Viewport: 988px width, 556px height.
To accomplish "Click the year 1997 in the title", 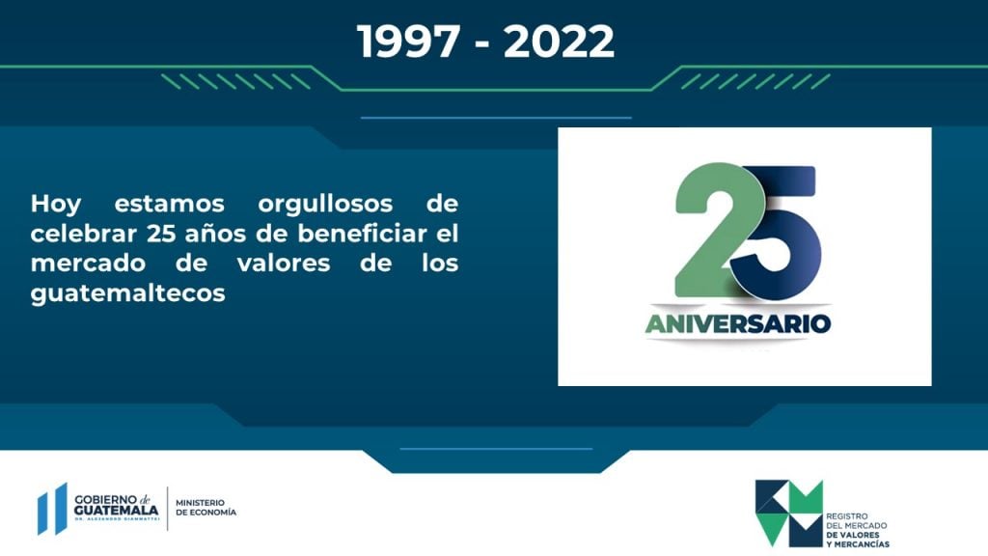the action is (x=408, y=42).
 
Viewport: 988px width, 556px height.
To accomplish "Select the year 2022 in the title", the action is (x=559, y=42).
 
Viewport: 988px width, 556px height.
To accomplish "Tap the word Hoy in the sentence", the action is (x=56, y=205).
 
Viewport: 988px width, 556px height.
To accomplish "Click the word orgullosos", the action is (x=325, y=205).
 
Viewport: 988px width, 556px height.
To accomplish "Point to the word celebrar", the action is (x=84, y=234).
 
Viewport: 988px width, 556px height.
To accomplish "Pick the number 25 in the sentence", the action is (x=161, y=234).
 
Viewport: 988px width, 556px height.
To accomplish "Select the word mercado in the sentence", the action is (x=88, y=263).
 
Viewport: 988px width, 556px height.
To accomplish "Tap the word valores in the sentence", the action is (x=284, y=263).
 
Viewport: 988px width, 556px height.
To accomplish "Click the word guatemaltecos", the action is (x=128, y=293).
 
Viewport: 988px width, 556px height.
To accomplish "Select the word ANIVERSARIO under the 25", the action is (x=738, y=323).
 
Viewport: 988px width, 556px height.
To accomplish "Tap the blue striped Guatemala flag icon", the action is (x=52, y=509).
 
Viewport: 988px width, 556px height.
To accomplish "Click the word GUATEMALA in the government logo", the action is (x=116, y=510).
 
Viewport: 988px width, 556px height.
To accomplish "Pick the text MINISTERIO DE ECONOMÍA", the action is (x=206, y=508).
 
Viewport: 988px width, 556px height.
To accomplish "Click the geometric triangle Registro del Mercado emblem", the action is (x=789, y=514).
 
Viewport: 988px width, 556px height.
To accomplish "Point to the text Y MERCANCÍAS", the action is (x=858, y=544).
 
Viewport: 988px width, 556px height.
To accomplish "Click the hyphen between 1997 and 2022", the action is (x=482, y=45).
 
